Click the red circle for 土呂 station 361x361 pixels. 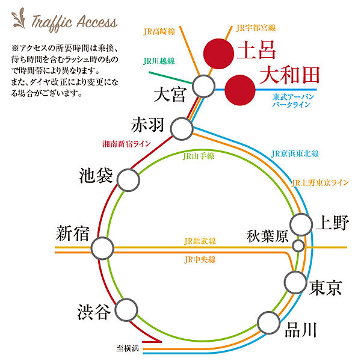tap(219, 54)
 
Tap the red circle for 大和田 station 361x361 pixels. tap(240, 90)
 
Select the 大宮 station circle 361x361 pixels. tap(203, 86)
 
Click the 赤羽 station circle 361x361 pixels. tap(182, 129)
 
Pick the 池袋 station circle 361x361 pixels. tap(128, 180)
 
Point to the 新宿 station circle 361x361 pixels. tap(102, 248)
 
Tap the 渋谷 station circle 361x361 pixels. tap(126, 310)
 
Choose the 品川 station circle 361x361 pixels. tap(269, 322)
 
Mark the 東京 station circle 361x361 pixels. tap(295, 282)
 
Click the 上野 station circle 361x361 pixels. tap(301, 224)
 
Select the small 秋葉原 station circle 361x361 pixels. tap(298, 245)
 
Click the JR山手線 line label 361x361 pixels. tap(199, 156)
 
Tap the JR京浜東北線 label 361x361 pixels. tap(295, 154)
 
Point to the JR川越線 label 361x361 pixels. tap(159, 61)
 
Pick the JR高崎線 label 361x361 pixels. tap(159, 31)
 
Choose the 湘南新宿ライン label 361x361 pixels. tap(126, 144)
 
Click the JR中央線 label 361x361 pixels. tap(200, 260)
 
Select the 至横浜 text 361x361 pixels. tap(128, 348)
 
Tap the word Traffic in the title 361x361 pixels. tap(52, 23)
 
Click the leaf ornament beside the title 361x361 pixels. tap(18, 19)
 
